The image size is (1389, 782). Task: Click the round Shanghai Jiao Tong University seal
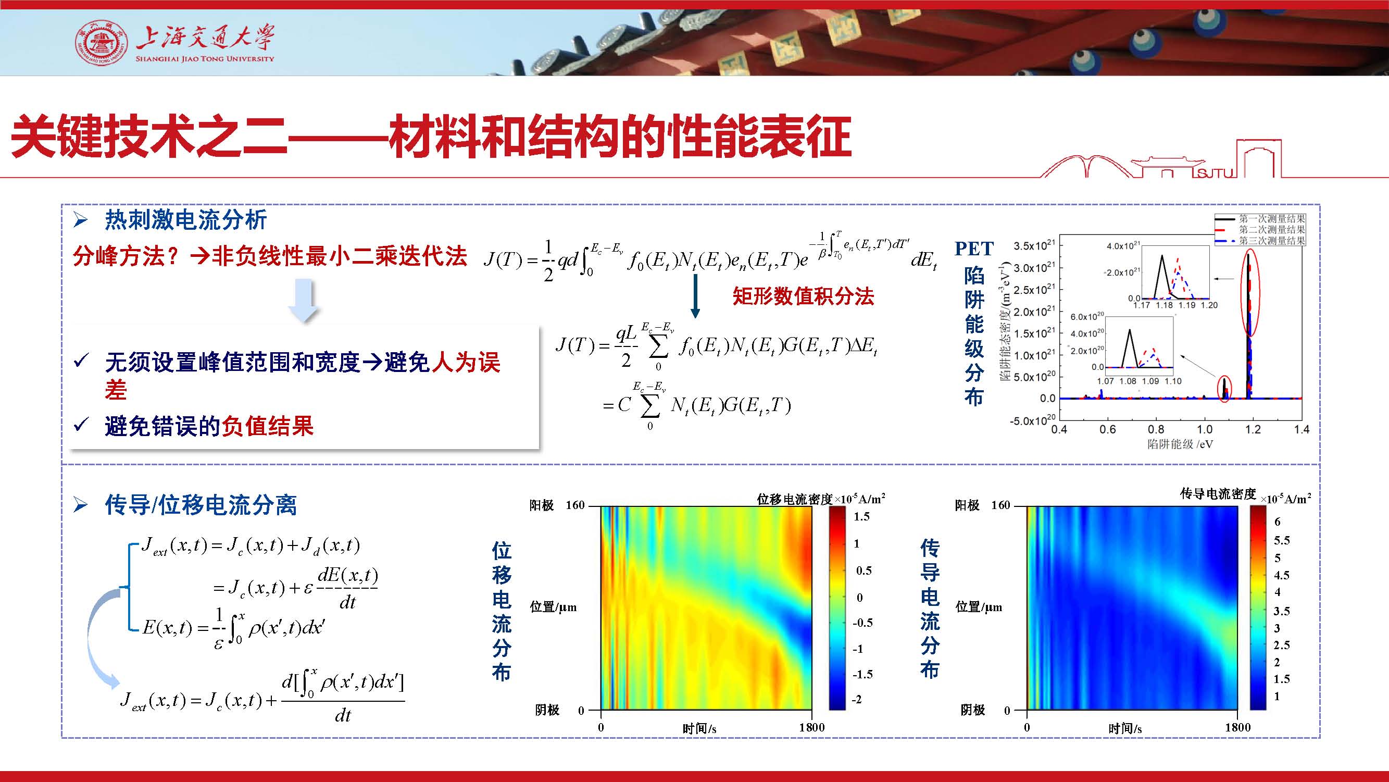[102, 44]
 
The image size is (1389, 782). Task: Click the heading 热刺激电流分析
[185, 220]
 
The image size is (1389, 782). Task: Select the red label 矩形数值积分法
[803, 296]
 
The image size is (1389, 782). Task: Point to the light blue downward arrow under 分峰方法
[304, 301]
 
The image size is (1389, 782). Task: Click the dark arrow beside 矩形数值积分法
[695, 296]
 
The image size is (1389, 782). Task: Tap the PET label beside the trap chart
[974, 249]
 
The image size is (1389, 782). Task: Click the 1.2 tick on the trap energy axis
[1253, 429]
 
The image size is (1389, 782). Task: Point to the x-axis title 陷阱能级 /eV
[1180, 444]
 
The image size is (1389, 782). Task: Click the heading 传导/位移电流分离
[201, 505]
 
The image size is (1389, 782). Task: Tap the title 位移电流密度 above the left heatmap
[795, 499]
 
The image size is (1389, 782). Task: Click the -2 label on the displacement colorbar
[857, 700]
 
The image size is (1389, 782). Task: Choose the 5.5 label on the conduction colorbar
[1282, 540]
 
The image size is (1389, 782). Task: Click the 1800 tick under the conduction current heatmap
[1237, 727]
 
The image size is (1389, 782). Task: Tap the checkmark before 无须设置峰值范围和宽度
[81, 361]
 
